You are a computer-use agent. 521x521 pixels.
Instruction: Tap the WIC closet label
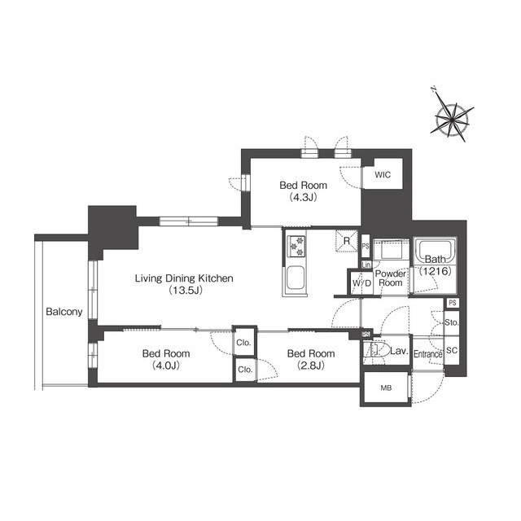pos(382,175)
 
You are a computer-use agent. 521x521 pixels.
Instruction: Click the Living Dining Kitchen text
pos(184,278)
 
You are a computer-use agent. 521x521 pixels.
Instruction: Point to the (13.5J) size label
pos(184,291)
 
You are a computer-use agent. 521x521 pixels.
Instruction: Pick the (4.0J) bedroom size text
pos(166,366)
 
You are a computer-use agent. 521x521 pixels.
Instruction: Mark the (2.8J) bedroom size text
pos(310,366)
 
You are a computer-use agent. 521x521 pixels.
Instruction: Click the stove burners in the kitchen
pos(294,244)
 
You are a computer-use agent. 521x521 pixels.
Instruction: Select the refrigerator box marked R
pos(347,241)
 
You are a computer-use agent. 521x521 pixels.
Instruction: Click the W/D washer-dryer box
pos(361,283)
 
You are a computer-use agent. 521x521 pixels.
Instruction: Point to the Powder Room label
pos(392,278)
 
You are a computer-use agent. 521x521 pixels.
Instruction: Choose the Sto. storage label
pos(453,323)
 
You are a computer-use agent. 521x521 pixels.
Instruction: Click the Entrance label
pos(427,354)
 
